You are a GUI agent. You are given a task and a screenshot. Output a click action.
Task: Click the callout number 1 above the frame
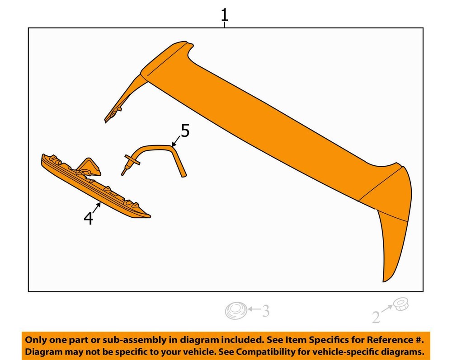[x=225, y=15]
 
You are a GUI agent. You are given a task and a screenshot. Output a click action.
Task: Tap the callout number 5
[x=185, y=131]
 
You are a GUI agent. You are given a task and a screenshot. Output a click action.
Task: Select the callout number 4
[x=89, y=218]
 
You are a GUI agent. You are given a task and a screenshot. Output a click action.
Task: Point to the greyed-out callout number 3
[x=265, y=311]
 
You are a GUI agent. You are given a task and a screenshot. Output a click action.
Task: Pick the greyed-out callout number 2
[x=376, y=318]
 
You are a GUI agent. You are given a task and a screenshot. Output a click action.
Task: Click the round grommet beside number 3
[x=236, y=310]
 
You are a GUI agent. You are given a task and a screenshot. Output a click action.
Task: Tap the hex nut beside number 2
[x=400, y=304]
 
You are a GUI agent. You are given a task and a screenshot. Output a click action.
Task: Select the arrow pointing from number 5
[x=176, y=141]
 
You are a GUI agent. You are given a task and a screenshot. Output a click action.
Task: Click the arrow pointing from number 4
[x=97, y=207]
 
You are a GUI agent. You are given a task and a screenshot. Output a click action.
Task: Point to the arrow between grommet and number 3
[x=254, y=309]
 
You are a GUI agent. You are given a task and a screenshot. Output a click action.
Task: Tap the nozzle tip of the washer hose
[x=123, y=173]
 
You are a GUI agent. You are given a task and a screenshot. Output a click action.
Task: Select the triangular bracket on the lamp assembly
[x=90, y=167]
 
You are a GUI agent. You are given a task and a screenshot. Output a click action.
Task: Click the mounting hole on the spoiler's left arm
[x=113, y=115]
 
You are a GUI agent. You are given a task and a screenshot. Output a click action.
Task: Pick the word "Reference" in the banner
[x=391, y=340]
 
